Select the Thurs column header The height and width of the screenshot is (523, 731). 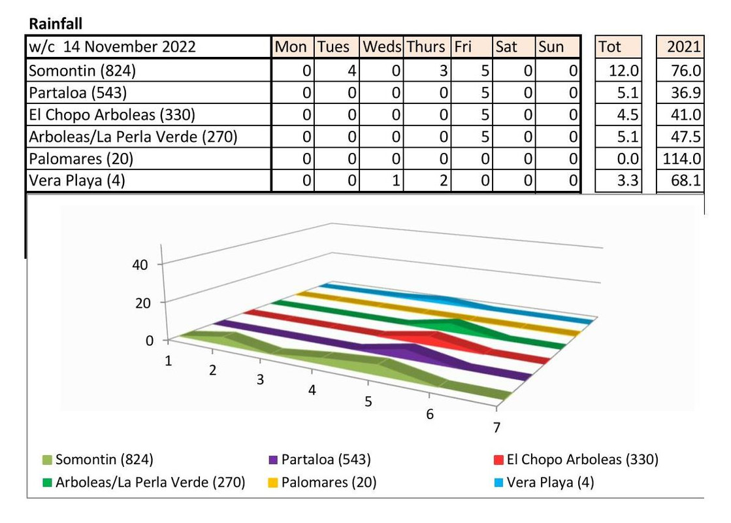pos(425,47)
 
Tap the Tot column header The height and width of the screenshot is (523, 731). pos(609,47)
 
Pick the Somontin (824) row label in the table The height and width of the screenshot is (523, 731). pos(82,71)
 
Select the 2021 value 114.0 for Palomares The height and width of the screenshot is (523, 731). pos(682,159)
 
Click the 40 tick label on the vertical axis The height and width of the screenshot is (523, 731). pos(140,265)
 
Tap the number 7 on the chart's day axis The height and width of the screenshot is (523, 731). pos(497,428)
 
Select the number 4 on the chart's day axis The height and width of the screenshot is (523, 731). pos(312,390)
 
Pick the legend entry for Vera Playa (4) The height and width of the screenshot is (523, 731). pos(550,483)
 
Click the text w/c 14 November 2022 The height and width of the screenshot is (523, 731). pos(112,47)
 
